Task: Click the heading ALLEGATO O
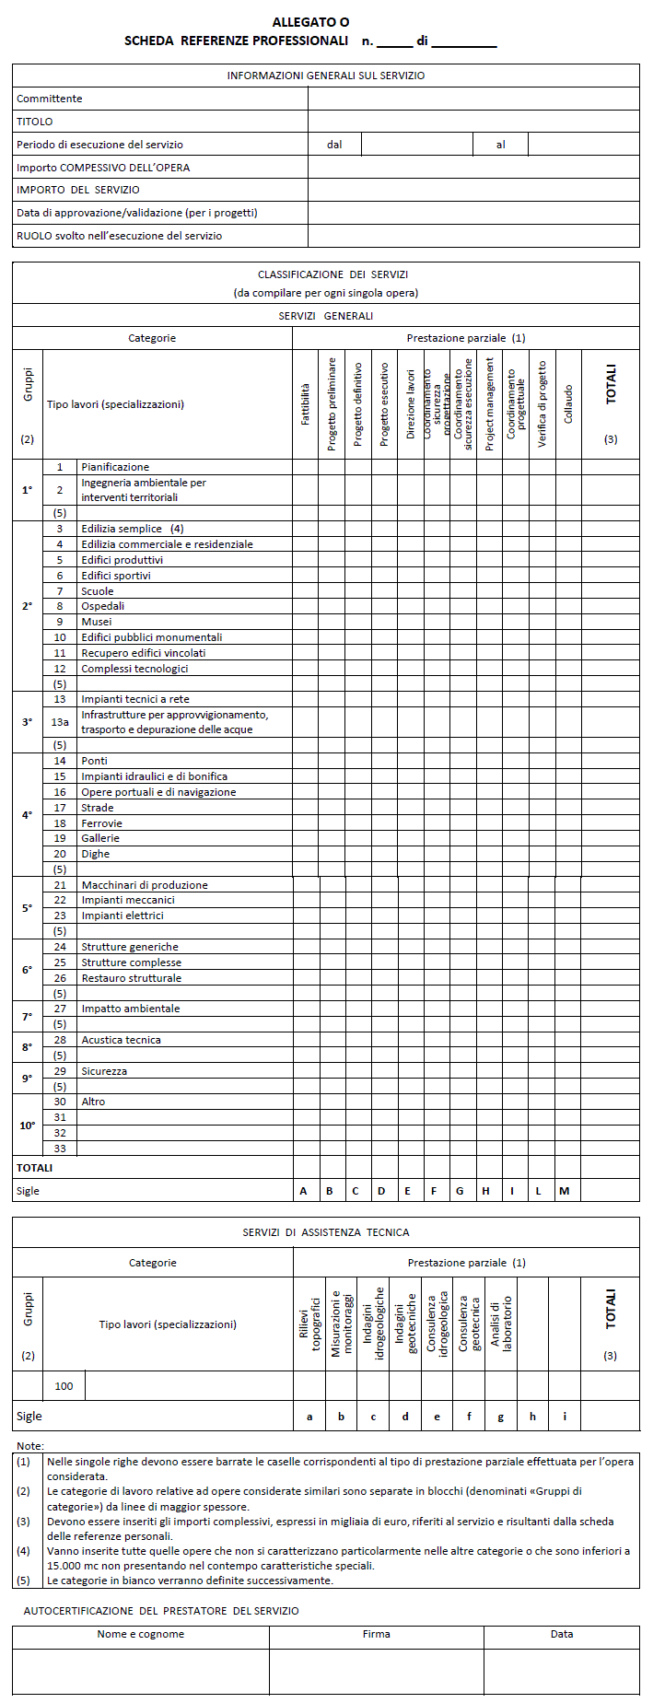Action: click(310, 22)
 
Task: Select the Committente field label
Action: click(50, 99)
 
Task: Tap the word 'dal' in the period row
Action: click(334, 145)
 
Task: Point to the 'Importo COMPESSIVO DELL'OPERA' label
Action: click(103, 168)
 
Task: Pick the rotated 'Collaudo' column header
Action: click(568, 403)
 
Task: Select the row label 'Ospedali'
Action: click(103, 606)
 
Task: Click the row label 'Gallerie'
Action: click(100, 838)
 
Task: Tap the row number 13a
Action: click(60, 722)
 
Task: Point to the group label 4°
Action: click(27, 815)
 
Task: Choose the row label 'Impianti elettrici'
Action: click(122, 916)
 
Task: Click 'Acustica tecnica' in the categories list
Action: click(121, 1040)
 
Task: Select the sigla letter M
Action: click(565, 1191)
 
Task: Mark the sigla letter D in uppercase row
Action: click(381, 1191)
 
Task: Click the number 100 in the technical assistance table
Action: click(64, 1386)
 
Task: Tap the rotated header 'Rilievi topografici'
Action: click(309, 1324)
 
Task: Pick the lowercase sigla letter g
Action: click(501, 1417)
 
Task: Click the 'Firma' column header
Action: click(376, 1634)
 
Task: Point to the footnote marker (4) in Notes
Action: click(23, 1550)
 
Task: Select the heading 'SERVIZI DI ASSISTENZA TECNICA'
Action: click(326, 1232)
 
